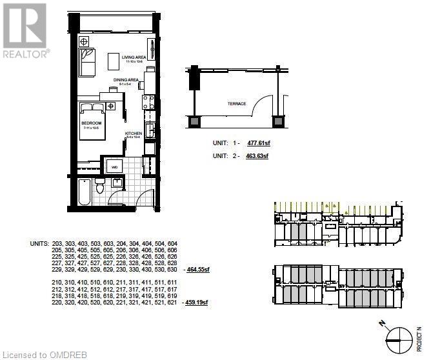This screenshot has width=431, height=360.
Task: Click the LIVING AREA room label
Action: click(x=134, y=57)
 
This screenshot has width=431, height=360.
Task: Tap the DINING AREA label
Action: click(x=126, y=80)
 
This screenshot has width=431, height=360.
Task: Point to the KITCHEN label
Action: click(x=134, y=134)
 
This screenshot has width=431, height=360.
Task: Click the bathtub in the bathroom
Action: click(x=84, y=192)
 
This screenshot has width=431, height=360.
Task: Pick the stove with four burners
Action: click(x=147, y=101)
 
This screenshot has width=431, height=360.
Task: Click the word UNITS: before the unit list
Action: click(x=39, y=244)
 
